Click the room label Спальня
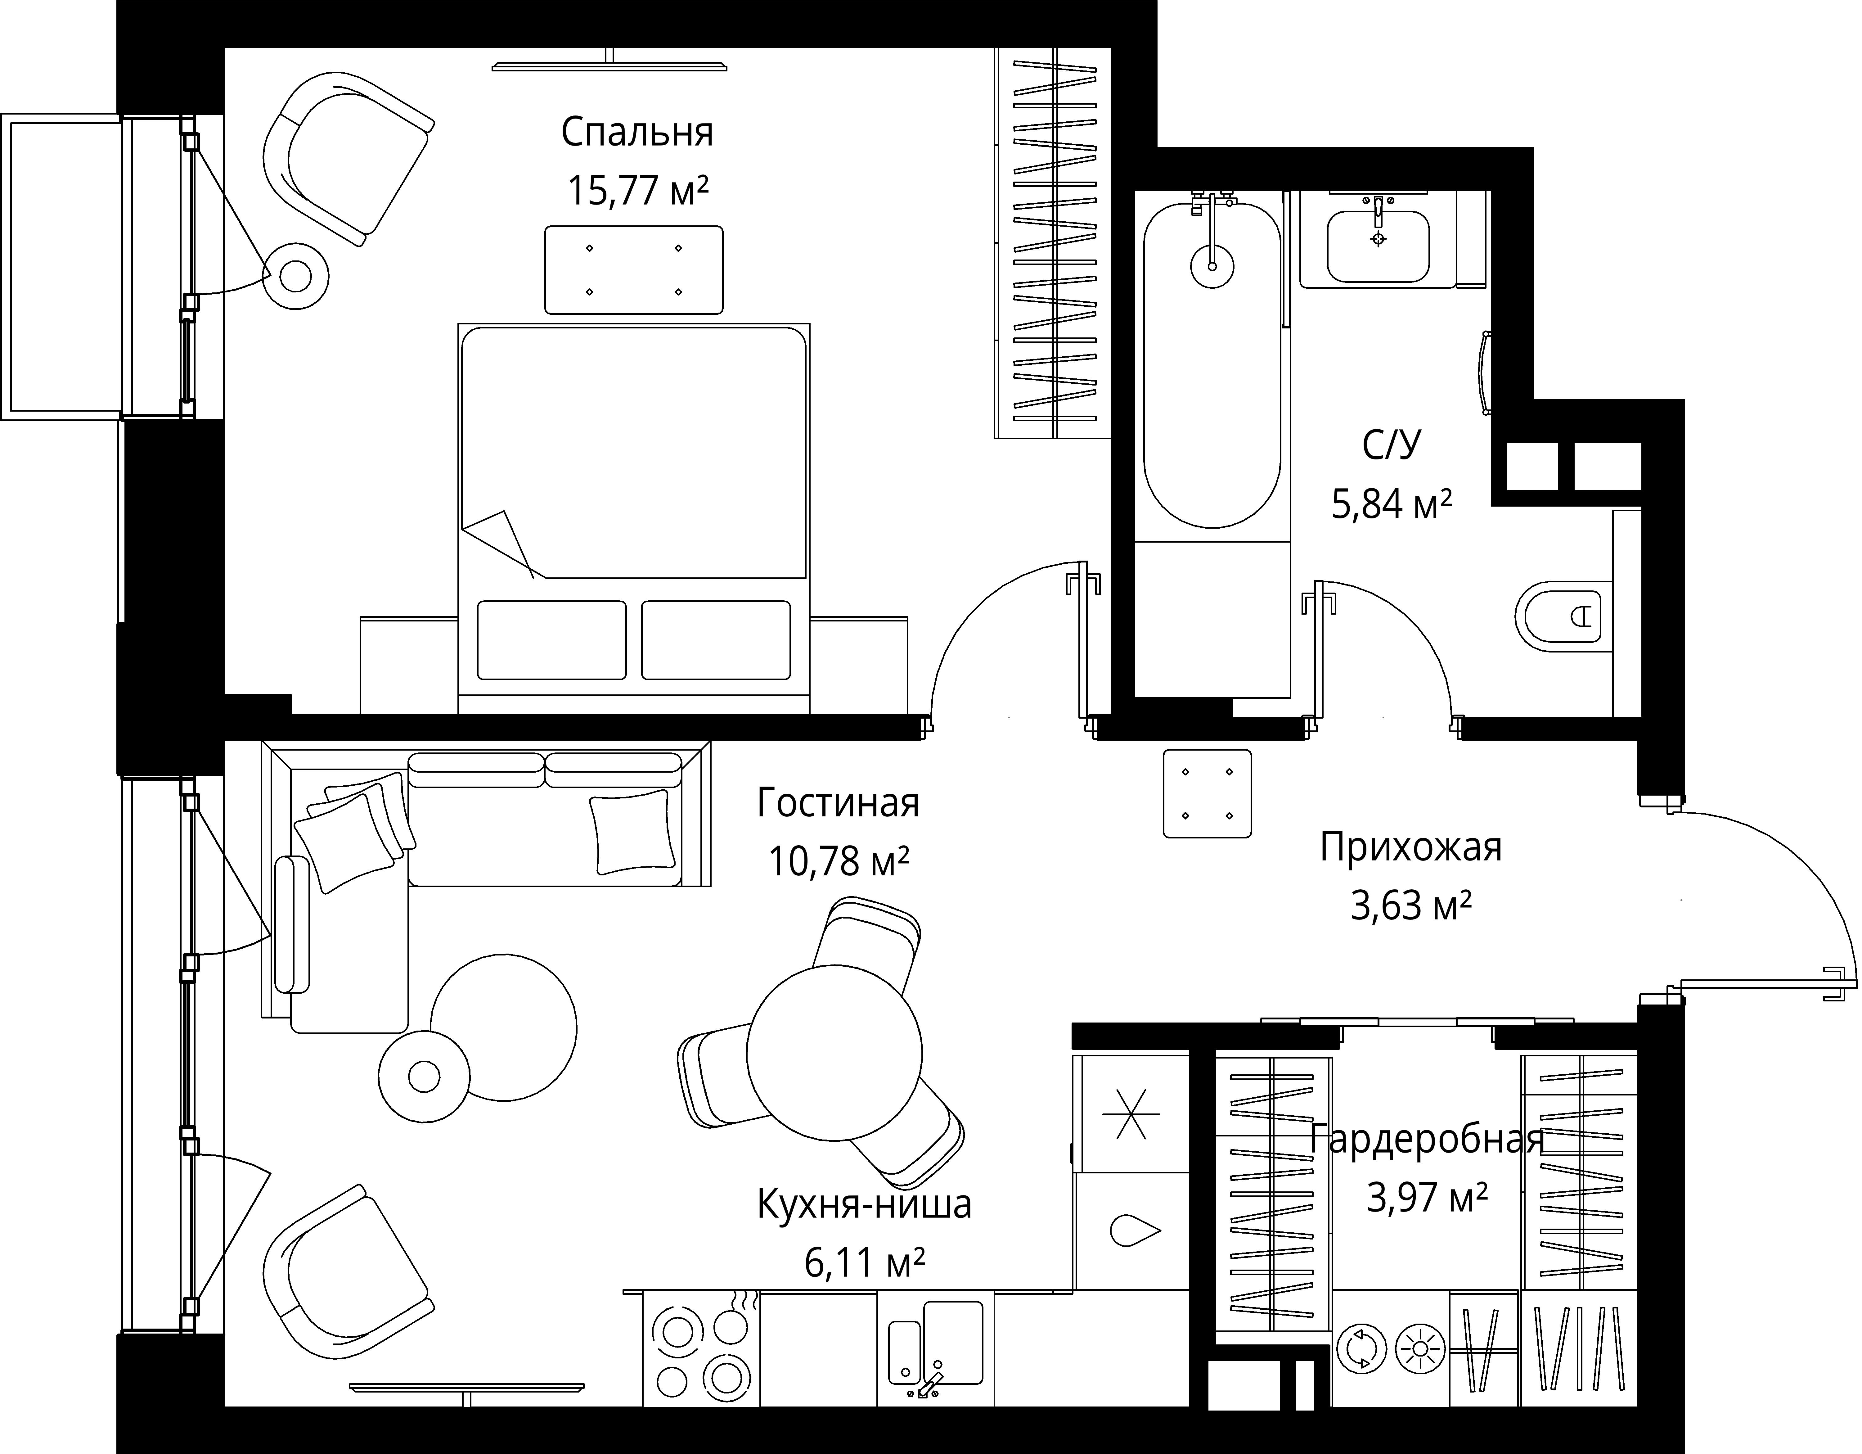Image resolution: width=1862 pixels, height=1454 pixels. pyautogui.click(x=637, y=133)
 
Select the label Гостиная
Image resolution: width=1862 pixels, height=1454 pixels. pyautogui.click(x=838, y=803)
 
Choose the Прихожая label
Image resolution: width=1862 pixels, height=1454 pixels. pyautogui.click(x=1411, y=848)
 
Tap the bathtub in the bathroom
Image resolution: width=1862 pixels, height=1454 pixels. pyautogui.click(x=1212, y=365)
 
